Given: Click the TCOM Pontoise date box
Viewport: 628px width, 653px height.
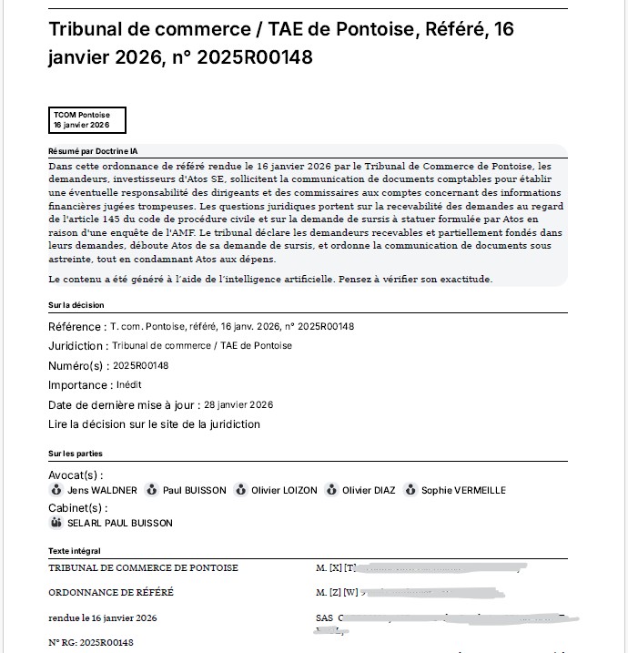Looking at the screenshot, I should [x=87, y=120].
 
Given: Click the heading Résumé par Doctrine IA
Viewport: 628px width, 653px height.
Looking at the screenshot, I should [x=93, y=151].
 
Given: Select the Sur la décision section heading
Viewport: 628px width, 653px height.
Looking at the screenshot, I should [x=76, y=305].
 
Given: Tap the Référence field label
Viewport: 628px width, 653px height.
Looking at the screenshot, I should [x=76, y=326].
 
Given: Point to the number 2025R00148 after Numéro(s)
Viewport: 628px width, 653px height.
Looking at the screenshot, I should [x=140, y=365].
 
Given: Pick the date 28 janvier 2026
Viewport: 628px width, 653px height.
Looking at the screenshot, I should [x=238, y=404].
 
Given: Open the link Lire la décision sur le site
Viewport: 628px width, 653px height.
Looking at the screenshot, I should [x=154, y=424].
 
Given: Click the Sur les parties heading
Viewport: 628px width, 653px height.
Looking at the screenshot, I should [x=75, y=453].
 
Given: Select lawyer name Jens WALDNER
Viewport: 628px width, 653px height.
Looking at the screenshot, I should [x=102, y=490].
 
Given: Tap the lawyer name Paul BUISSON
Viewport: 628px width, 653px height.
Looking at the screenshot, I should [x=194, y=490].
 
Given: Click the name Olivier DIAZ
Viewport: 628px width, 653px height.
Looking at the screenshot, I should [x=369, y=490].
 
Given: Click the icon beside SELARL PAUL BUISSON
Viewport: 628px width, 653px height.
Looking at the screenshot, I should [x=56, y=523].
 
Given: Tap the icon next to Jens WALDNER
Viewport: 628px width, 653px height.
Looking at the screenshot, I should [x=56, y=490].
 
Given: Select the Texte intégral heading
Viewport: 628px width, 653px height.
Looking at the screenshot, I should [x=75, y=551].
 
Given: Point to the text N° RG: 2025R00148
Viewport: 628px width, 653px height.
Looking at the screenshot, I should [x=91, y=643].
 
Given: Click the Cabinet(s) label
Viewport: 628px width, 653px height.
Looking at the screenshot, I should [x=76, y=507].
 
